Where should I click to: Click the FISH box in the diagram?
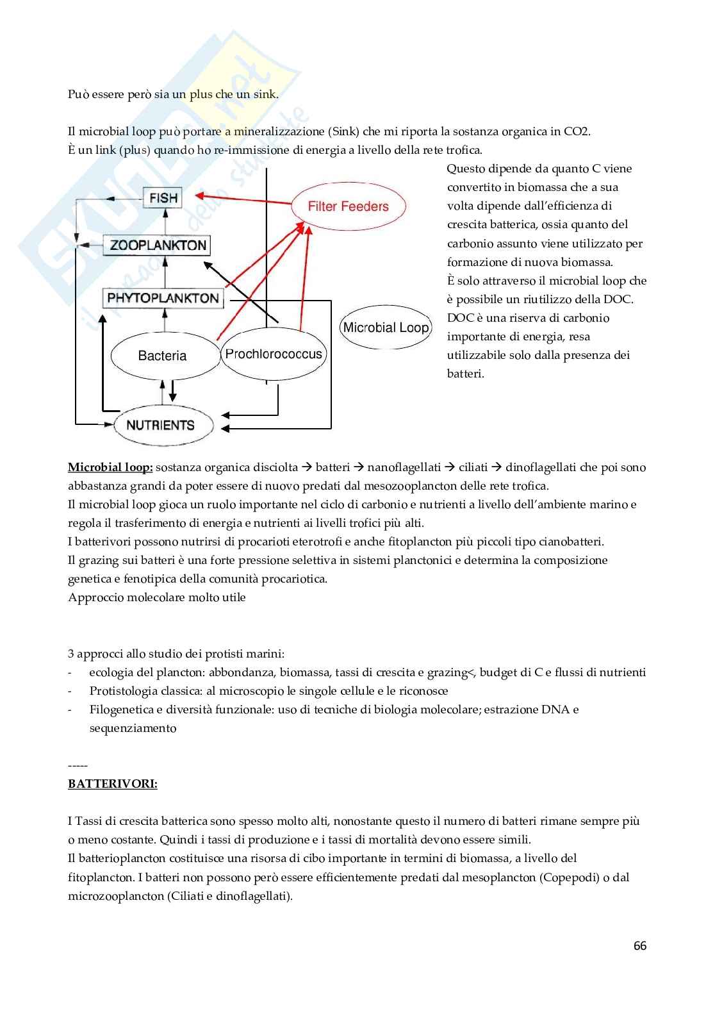coord(163,198)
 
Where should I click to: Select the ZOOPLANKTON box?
coord(157,245)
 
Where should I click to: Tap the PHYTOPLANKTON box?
coord(163,298)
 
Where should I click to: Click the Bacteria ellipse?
coord(161,356)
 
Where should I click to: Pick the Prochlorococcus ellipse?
coord(274,354)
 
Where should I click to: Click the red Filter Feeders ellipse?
coord(348,206)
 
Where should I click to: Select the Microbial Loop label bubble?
coord(386,328)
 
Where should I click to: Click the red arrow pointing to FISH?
coord(243,200)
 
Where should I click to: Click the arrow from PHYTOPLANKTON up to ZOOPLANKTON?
coord(165,272)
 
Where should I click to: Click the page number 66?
coord(639,946)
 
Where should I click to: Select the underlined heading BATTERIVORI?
coord(113,784)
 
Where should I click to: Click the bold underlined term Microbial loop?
coord(110,467)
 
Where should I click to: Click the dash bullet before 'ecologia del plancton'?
coord(70,673)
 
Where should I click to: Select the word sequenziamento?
coord(133,728)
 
